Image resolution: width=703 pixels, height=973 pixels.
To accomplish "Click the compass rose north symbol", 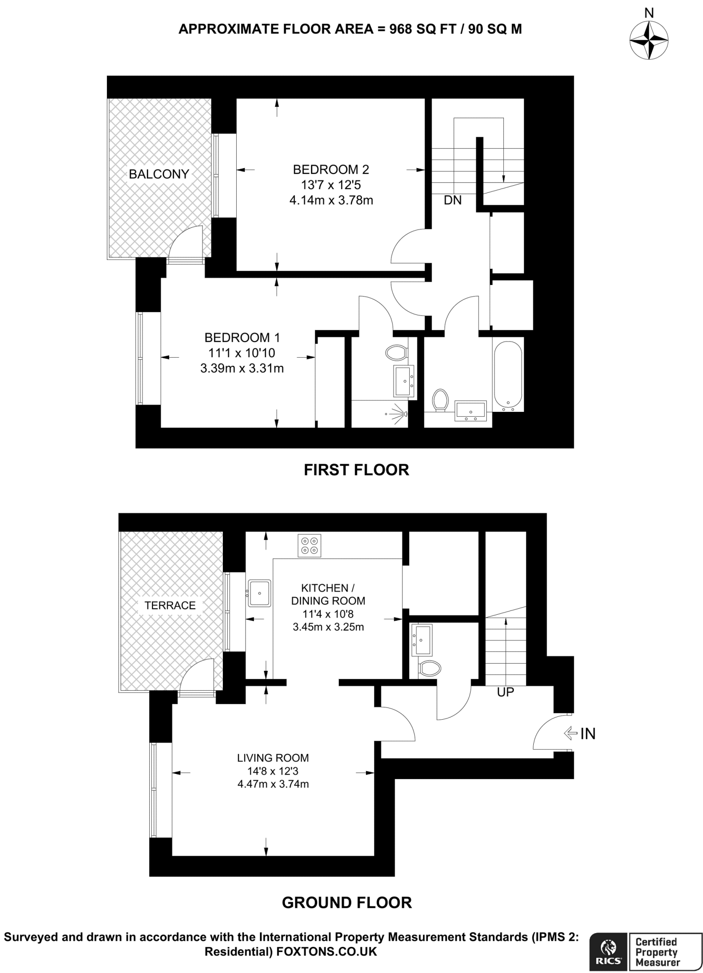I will click(x=649, y=40).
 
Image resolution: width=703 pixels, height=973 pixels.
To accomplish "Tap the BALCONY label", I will click(x=159, y=174).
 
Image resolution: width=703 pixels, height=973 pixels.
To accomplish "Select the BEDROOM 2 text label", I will click(x=331, y=169).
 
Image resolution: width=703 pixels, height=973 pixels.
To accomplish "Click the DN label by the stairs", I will click(x=453, y=200).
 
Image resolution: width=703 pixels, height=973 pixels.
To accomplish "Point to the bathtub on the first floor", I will click(x=508, y=376).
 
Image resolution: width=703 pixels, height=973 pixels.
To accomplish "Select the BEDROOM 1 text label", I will click(x=242, y=338).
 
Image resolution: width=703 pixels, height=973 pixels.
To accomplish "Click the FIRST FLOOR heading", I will click(x=356, y=470).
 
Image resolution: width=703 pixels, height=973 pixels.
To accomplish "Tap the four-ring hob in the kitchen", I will click(x=309, y=545).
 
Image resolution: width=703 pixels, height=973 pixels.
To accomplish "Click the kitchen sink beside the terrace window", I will click(x=259, y=593).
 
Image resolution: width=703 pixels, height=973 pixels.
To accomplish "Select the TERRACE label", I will click(x=170, y=605).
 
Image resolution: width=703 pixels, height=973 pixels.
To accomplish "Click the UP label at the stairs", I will click(x=505, y=692).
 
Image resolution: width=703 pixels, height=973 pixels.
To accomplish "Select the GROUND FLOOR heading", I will click(x=347, y=903).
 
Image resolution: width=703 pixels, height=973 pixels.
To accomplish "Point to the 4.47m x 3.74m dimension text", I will click(x=273, y=784).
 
